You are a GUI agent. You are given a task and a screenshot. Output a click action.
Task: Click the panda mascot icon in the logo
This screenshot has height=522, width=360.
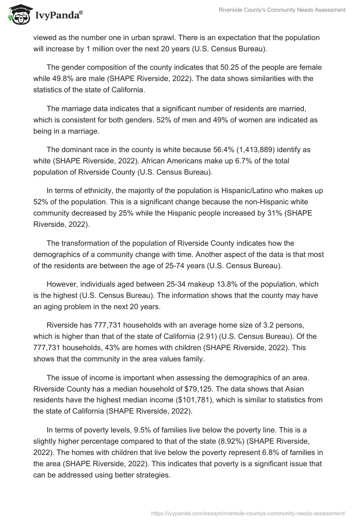(17, 15)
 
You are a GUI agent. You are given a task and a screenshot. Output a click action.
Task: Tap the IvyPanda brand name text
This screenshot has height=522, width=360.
(58, 16)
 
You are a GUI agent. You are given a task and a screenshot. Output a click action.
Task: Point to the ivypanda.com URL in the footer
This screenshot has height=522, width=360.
(248, 512)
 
